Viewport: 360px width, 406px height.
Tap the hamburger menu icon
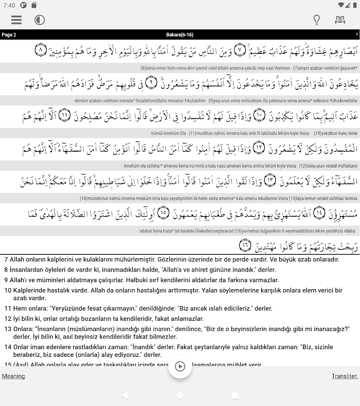click(16, 20)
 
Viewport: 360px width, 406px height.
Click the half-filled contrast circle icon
click(40, 20)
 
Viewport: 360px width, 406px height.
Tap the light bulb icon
click(316, 20)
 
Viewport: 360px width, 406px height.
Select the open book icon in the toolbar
click(340, 20)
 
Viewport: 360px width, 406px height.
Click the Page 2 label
click(9, 35)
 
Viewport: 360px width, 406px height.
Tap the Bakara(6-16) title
click(179, 35)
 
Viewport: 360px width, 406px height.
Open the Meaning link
click(13, 376)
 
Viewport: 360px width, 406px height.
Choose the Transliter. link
click(345, 376)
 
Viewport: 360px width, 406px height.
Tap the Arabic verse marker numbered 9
click(150, 83)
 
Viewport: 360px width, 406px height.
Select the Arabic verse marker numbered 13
click(270, 180)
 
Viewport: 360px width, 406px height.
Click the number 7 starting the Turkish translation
click(6, 259)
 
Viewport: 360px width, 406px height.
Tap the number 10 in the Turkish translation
click(8, 290)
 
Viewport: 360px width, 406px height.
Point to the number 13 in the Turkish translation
click(8, 329)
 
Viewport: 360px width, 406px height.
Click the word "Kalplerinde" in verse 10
click(30, 290)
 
